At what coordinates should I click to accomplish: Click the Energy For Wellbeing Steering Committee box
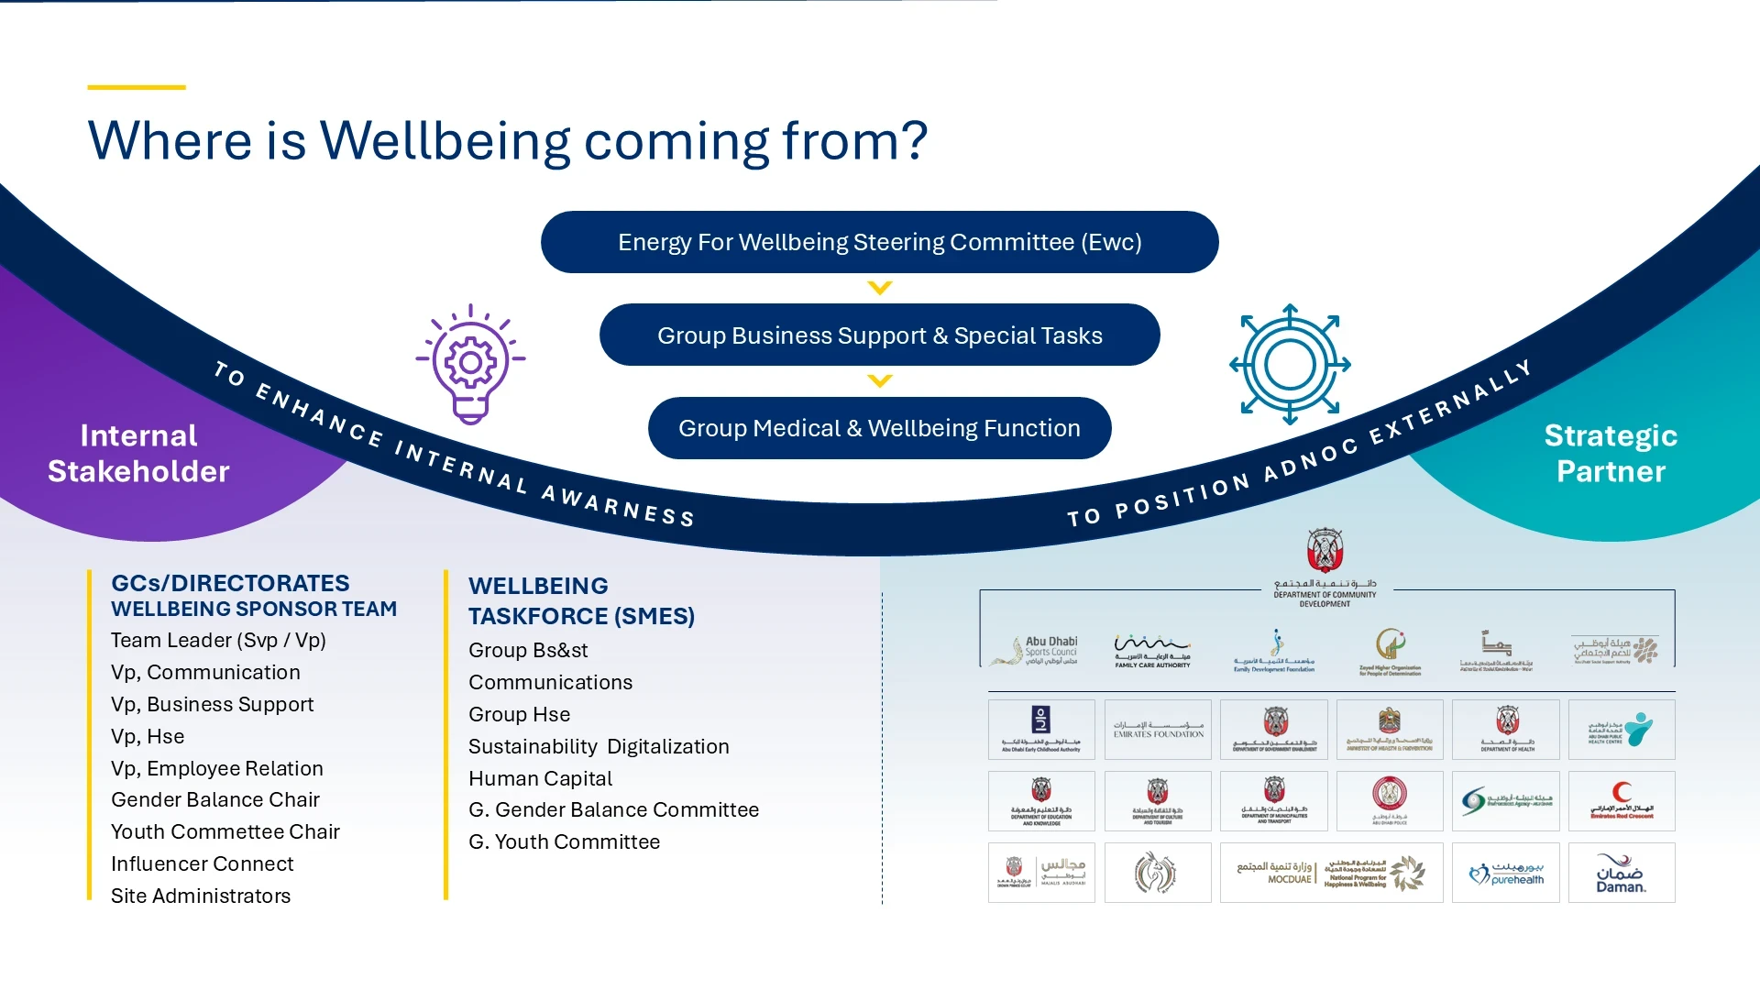[879, 242]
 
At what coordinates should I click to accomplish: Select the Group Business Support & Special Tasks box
[879, 335]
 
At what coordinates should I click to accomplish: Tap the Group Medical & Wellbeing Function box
[879, 428]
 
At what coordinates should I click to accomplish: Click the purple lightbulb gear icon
[470, 364]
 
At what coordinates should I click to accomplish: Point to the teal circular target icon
[1290, 364]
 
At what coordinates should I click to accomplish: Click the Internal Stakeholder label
[138, 453]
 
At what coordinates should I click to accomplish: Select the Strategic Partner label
[1611, 453]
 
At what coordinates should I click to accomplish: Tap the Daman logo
[1621, 874]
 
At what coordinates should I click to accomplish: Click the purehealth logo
[1505, 874]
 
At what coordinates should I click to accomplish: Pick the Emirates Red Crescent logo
[1621, 801]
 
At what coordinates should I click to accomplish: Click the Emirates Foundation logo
[1158, 730]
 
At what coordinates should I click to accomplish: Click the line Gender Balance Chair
[215, 799]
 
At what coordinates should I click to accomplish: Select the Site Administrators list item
[201, 896]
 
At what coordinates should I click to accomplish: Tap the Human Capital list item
[540, 778]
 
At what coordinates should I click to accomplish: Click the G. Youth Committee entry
[564, 841]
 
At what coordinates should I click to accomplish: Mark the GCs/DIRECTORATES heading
[230, 583]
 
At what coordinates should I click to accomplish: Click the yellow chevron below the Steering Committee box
[879, 288]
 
